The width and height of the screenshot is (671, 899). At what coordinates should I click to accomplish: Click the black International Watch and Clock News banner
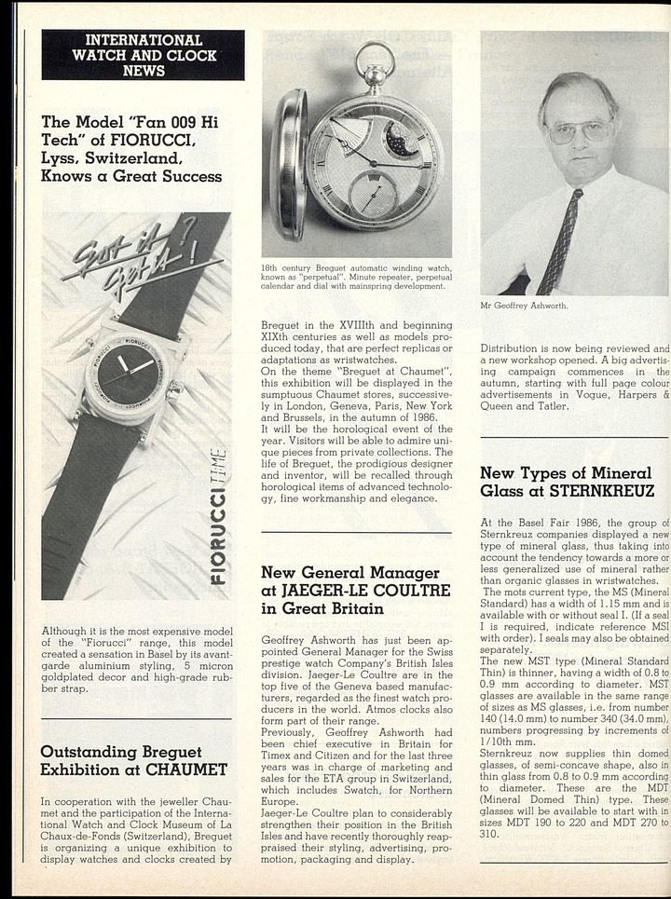click(x=143, y=55)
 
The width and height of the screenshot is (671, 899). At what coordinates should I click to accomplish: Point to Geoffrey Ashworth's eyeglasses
click(x=579, y=130)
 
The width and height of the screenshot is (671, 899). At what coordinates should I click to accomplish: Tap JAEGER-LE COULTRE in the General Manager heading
click(x=355, y=591)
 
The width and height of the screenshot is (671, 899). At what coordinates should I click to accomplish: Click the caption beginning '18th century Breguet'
click(x=356, y=278)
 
